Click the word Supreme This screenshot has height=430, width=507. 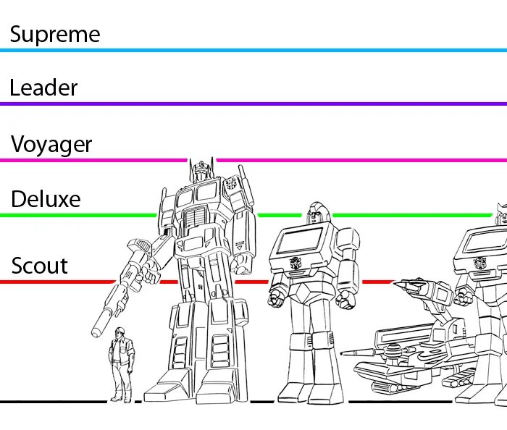click(54, 34)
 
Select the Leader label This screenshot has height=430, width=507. click(43, 88)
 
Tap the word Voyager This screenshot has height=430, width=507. click(51, 144)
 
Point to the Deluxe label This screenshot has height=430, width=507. click(46, 199)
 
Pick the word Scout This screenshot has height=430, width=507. click(40, 266)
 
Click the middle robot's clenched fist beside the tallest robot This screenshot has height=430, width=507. click(277, 296)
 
